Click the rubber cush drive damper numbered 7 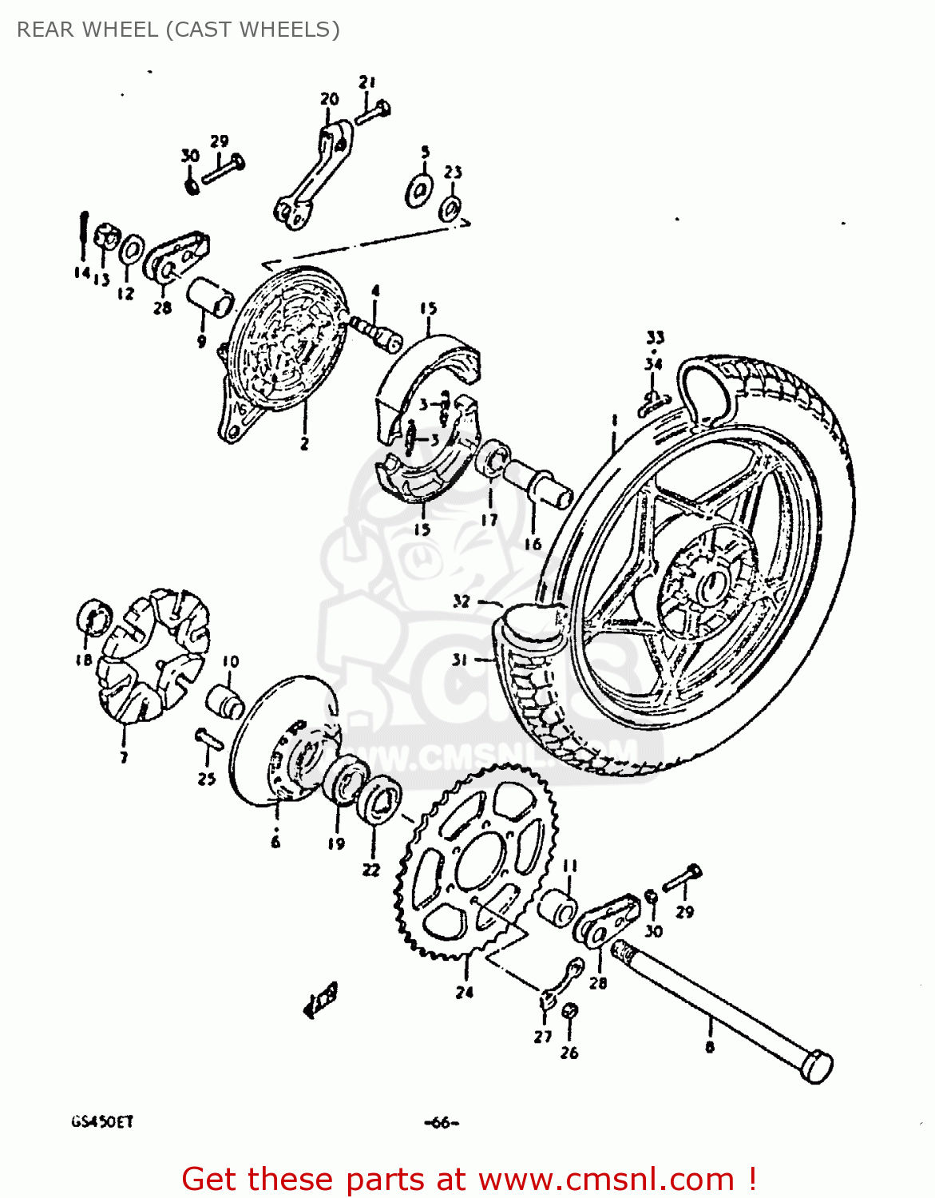click(152, 655)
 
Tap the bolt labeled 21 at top click(372, 113)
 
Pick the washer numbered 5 click(418, 190)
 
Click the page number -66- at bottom click(442, 1122)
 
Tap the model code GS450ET click(102, 1121)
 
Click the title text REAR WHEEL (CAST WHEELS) click(178, 30)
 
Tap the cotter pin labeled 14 click(83, 233)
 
